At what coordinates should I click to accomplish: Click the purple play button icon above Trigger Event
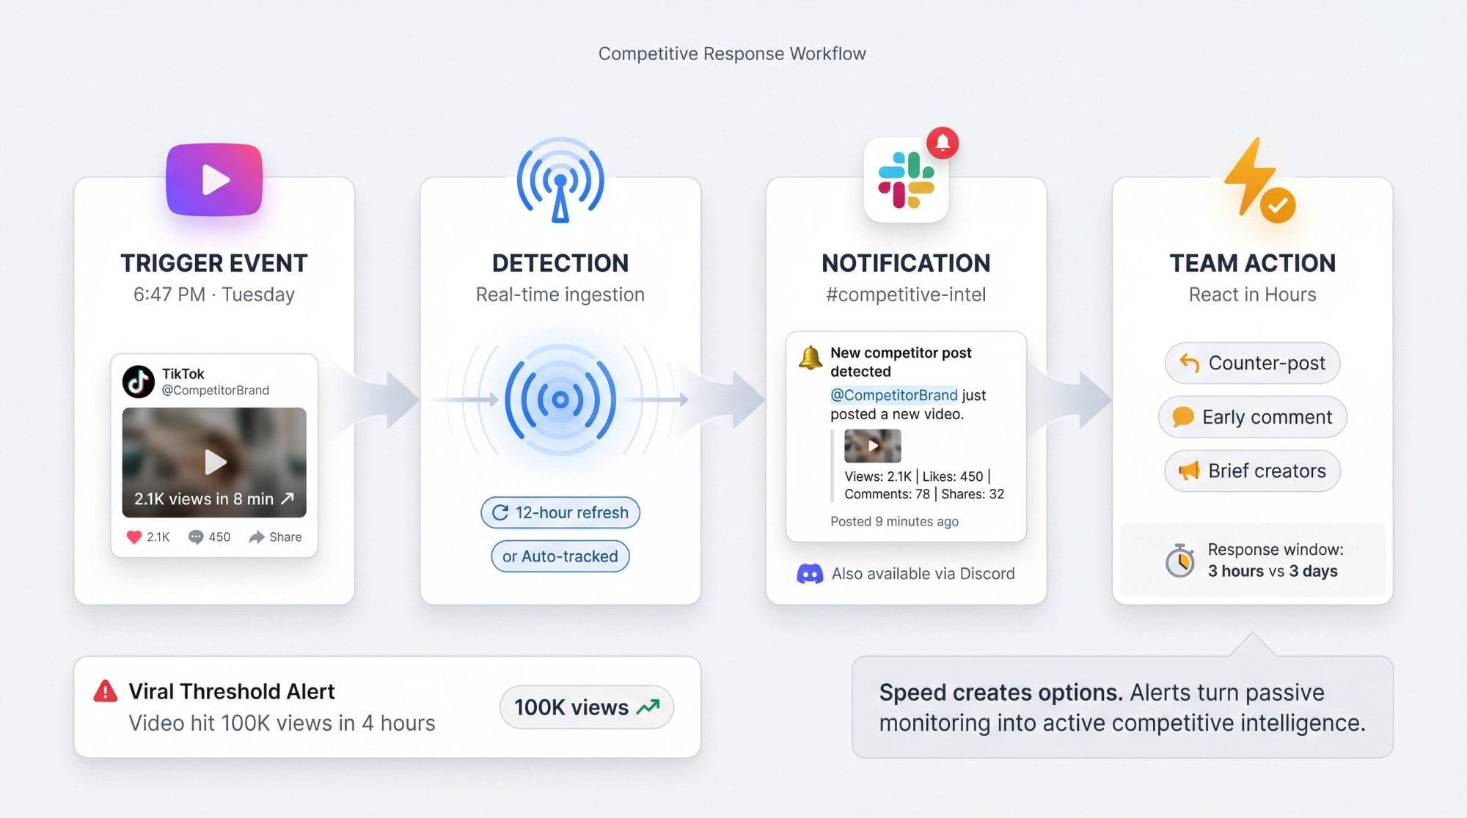pos(214,180)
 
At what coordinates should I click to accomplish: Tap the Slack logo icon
pos(906,180)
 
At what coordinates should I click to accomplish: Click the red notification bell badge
pos(943,142)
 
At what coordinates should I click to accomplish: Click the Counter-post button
pos(1252,363)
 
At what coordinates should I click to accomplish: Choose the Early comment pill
pos(1252,417)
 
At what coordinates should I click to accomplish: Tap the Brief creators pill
pos(1252,471)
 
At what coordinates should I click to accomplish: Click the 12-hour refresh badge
pos(560,512)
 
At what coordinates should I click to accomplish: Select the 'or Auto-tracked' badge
pos(560,556)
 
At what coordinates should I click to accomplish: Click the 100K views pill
pos(586,707)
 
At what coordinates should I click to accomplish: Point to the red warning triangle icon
pos(106,691)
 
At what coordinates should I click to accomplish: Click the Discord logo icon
pos(810,574)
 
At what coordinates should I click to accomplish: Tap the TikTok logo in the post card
pos(138,381)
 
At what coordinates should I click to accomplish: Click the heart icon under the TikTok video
pos(134,537)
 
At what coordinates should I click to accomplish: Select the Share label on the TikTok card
pos(285,537)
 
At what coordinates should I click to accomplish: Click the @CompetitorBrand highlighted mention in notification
pos(893,395)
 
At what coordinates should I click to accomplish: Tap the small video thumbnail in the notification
pos(872,446)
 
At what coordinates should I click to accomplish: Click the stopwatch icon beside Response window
pos(1179,561)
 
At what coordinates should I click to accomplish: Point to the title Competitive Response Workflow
pos(732,54)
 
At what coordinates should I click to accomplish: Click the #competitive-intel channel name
pos(906,295)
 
